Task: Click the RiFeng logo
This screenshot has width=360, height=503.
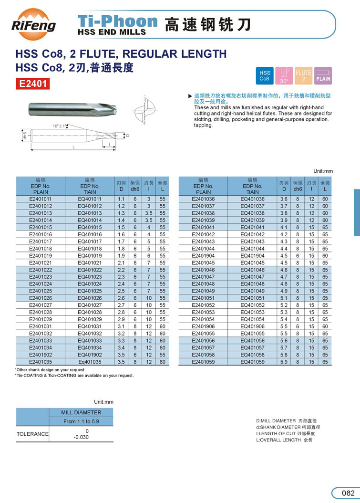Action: [33, 22]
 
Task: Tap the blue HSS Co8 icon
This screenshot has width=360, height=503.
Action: [265, 75]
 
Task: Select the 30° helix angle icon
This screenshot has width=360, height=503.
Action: [284, 75]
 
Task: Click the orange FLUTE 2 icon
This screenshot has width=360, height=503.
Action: [303, 75]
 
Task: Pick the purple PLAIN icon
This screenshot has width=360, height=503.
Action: [323, 75]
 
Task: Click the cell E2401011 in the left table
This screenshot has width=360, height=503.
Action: [41, 199]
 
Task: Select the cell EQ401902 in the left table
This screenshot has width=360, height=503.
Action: [90, 355]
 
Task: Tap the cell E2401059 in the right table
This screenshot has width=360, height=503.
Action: [203, 362]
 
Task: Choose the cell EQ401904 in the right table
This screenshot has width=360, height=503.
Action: [252, 255]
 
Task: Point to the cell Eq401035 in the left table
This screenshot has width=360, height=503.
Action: [90, 362]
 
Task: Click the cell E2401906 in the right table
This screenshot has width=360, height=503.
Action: [203, 326]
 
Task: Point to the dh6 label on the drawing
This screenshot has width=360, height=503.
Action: [24, 136]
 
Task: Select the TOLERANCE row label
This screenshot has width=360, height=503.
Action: [33, 434]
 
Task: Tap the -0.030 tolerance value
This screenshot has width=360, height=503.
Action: [81, 437]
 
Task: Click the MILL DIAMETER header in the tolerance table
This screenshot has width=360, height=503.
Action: [81, 412]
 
